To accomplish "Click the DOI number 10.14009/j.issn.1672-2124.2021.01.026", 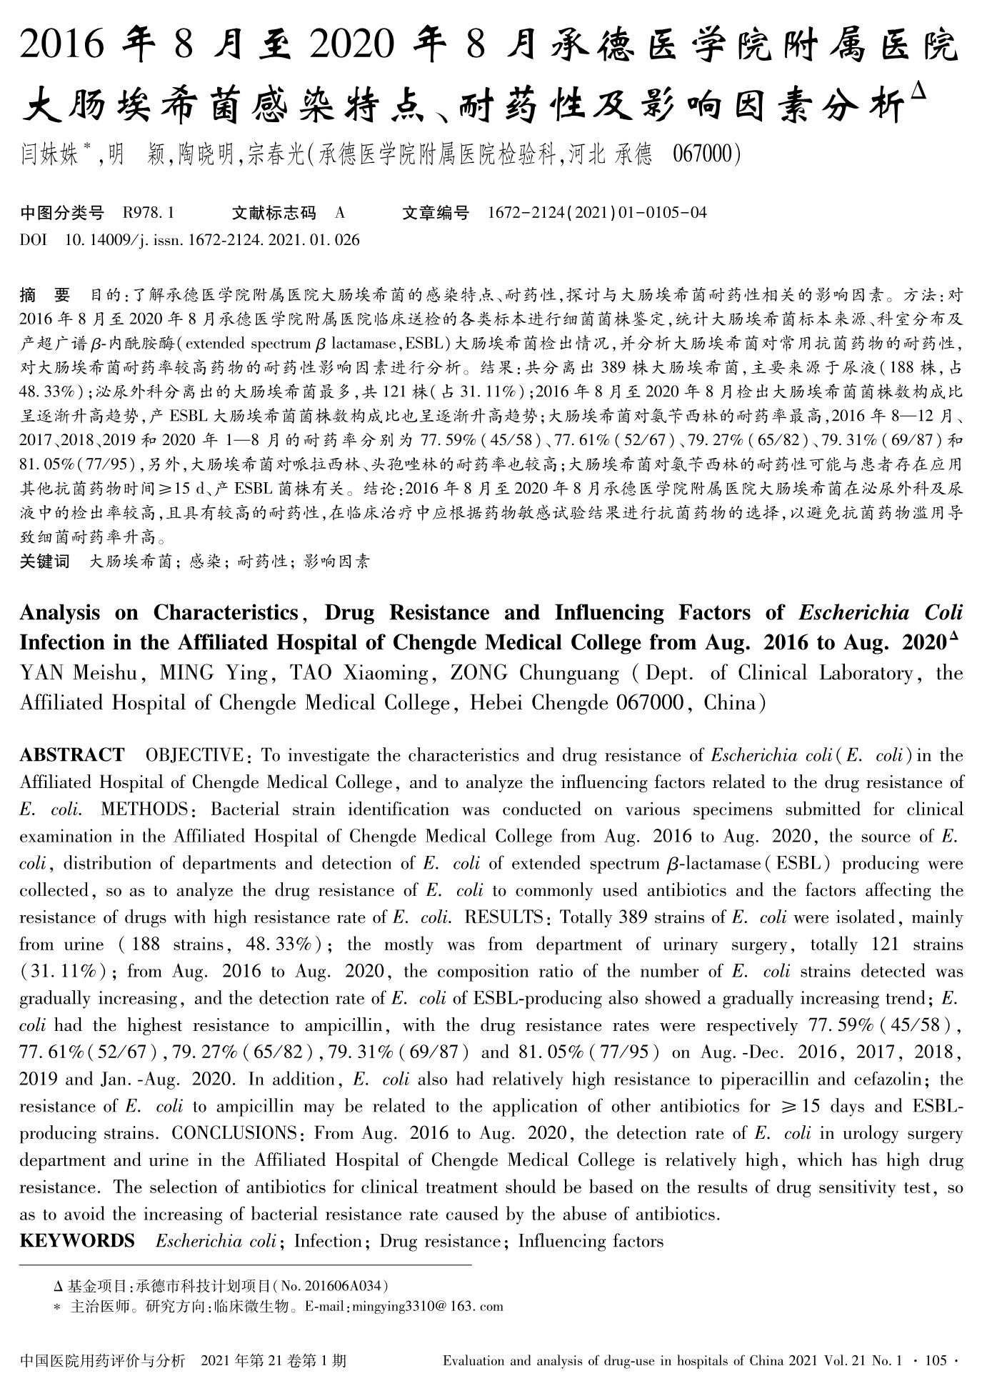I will (x=212, y=239).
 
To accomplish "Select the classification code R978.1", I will (x=149, y=213).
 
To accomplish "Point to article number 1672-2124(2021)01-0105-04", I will (x=597, y=213).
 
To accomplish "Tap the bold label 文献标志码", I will (x=274, y=213).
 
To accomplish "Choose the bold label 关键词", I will (x=45, y=562).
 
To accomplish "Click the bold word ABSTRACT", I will (x=72, y=756).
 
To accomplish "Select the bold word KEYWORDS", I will (x=77, y=1241).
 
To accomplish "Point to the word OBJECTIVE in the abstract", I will (x=194, y=756).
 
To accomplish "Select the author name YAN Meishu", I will (x=83, y=674).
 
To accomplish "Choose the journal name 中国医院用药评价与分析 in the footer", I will (x=103, y=1361).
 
